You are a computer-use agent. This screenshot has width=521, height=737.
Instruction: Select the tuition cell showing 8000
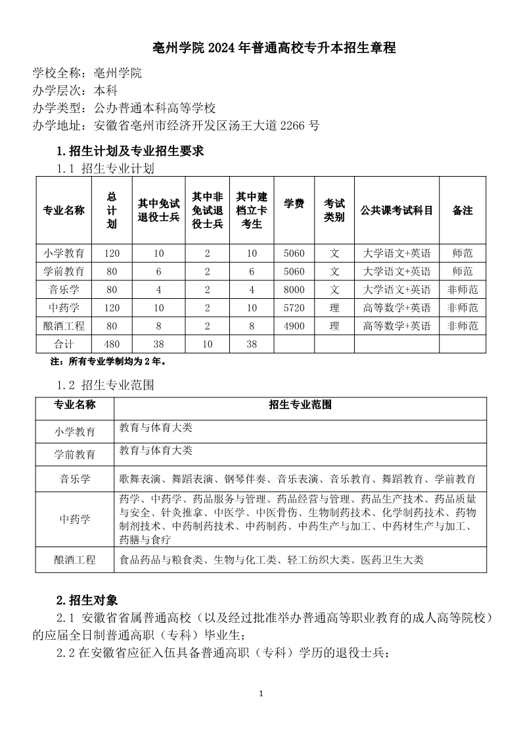tap(294, 290)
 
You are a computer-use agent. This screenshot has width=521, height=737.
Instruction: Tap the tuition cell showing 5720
tap(294, 307)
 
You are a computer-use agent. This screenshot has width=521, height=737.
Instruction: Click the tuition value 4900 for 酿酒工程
tap(294, 326)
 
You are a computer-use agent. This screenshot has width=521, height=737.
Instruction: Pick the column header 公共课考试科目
tap(396, 211)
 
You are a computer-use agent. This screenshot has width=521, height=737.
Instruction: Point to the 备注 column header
tap(463, 211)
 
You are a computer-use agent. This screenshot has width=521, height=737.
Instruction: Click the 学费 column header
tap(294, 204)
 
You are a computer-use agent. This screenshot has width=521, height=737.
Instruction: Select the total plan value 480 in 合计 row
tap(111, 344)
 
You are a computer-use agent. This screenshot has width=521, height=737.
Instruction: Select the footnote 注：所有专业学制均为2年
tap(108, 361)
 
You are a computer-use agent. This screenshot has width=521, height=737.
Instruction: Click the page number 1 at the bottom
tap(261, 694)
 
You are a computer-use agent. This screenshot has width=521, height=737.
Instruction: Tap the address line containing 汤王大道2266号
tap(176, 125)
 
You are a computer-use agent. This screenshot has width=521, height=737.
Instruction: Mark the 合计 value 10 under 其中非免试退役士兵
tap(207, 344)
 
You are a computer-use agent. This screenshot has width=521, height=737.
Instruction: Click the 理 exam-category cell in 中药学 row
tap(334, 307)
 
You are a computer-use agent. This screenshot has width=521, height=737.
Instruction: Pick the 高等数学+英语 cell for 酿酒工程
tap(396, 326)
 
